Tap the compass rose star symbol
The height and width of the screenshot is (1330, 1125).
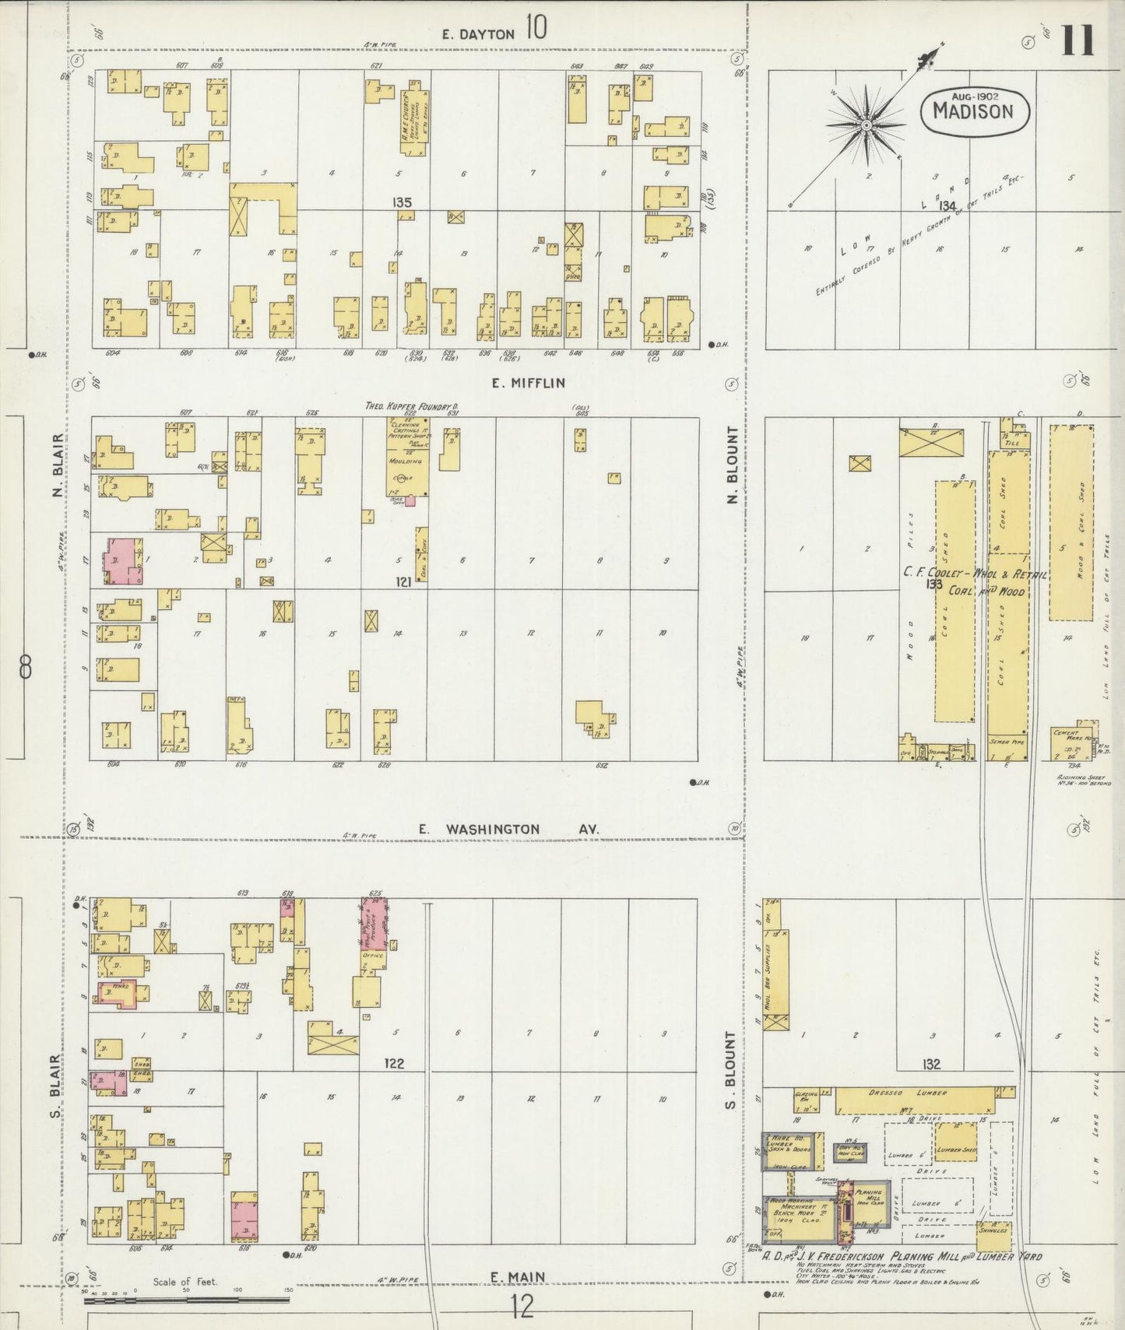pyautogui.click(x=866, y=125)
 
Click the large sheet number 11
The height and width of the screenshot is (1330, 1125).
pyautogui.click(x=1078, y=40)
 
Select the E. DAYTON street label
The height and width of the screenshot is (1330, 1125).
pyautogui.click(x=478, y=33)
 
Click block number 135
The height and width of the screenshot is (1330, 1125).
pyautogui.click(x=402, y=202)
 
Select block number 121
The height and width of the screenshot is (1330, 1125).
pyautogui.click(x=403, y=581)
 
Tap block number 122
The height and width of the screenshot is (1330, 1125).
pyautogui.click(x=394, y=1064)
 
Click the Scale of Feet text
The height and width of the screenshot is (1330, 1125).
pyautogui.click(x=185, y=1282)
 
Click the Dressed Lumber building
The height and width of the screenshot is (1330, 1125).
pyautogui.click(x=916, y=1100)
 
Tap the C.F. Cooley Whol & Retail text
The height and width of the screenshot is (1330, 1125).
pyautogui.click(x=975, y=573)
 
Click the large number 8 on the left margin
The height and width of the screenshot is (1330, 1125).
pyautogui.click(x=26, y=667)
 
